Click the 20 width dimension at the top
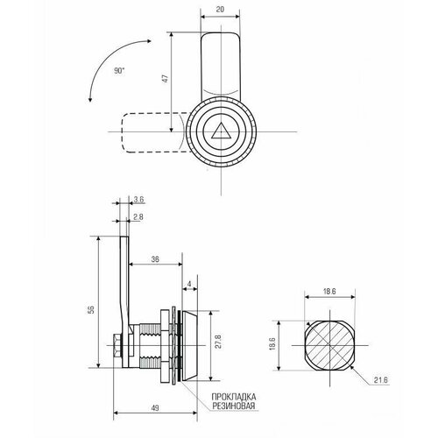click(x=221, y=9)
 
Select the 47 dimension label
click(x=166, y=79)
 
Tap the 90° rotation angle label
click(x=119, y=71)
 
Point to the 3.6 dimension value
click(x=139, y=200)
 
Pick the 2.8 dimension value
click(x=138, y=217)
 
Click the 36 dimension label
click(x=155, y=259)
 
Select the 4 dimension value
click(x=189, y=284)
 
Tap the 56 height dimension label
click(x=91, y=310)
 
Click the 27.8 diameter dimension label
click(x=218, y=342)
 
